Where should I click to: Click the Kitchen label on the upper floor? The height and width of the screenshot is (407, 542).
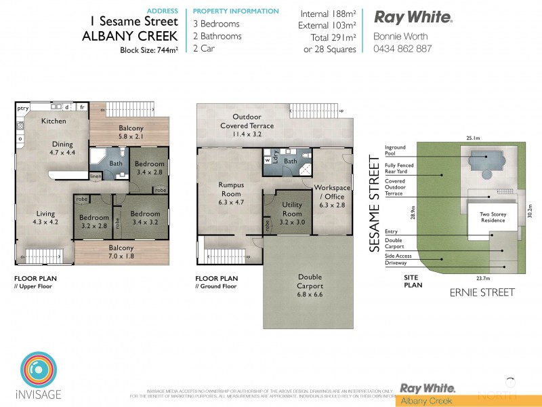point(54,121)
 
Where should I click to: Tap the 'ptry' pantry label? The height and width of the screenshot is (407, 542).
point(23,107)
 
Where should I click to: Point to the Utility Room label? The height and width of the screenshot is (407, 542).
point(292,209)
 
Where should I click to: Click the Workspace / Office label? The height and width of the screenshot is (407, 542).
point(332,192)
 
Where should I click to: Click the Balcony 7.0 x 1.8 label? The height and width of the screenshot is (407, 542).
point(122,252)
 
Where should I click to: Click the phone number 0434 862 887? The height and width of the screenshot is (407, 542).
point(402,49)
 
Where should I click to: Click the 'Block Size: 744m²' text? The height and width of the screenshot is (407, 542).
point(148,50)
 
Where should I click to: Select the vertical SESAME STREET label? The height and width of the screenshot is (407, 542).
point(374,204)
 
